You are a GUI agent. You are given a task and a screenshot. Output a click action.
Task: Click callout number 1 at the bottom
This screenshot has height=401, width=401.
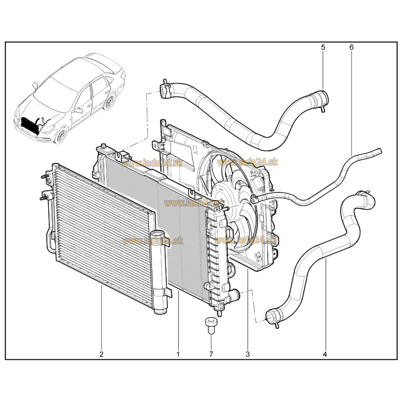pos(178,354)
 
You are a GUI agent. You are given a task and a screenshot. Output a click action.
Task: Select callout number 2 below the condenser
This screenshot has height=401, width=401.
pos(101,354)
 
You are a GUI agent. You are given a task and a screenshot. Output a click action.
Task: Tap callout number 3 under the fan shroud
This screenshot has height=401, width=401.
pos(247,354)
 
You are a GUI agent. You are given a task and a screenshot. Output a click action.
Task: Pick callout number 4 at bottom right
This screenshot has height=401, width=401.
pos(325,354)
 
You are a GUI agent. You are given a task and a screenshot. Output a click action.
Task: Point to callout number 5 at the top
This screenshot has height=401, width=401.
pos(323,47)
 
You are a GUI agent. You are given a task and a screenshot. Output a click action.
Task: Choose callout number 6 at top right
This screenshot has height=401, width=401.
pos(351,47)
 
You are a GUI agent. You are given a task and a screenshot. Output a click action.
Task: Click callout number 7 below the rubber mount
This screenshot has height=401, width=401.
pos(211,354)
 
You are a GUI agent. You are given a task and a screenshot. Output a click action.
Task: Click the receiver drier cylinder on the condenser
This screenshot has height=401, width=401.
pos(159,271)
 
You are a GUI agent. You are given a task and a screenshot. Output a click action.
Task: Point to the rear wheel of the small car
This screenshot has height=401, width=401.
pos(110,102)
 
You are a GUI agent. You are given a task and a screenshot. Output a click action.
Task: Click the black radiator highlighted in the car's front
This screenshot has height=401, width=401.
pos(31,125)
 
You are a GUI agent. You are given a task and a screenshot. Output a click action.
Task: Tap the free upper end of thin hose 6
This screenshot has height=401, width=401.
pos(379,151)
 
